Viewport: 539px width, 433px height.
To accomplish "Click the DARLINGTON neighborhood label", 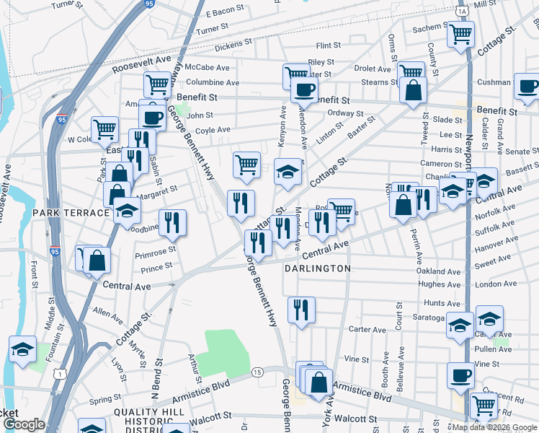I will coord(317,268).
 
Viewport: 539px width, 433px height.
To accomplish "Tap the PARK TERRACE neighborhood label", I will coord(69,214).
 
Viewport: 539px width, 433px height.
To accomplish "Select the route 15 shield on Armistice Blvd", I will coord(257,372).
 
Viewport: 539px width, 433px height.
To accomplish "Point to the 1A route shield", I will coord(462,12).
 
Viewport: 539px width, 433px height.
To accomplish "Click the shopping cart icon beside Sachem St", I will coord(460,34).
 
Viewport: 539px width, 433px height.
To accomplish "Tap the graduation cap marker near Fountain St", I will coord(22,350).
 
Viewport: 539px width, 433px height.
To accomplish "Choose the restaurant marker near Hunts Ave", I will coord(301,310).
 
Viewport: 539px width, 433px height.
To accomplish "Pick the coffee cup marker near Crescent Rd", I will coord(460,375).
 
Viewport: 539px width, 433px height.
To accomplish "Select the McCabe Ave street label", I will coord(206,67).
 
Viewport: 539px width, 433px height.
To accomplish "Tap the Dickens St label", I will coord(232,45).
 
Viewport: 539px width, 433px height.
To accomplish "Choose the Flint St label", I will coord(328,45).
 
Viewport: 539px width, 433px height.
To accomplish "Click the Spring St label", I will coord(104,399).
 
